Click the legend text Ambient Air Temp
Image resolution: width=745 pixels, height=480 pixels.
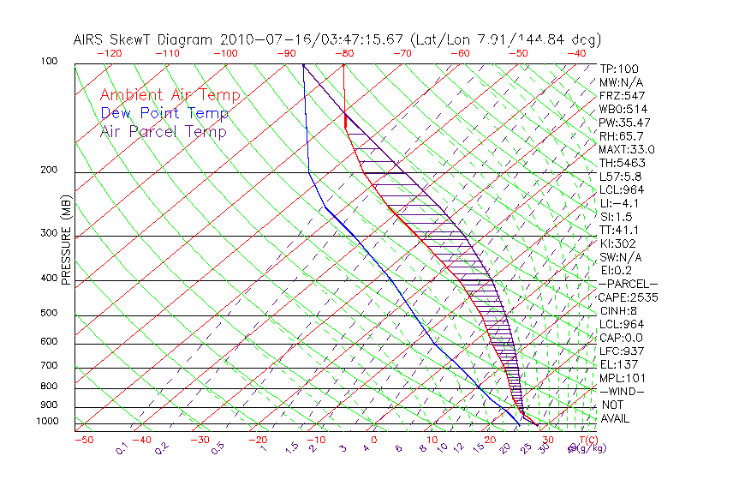[x=170, y=95]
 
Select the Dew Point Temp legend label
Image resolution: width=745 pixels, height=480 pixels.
[x=164, y=113]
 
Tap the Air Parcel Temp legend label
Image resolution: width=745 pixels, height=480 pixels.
[x=163, y=131]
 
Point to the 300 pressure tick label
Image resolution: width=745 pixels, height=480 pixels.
[x=50, y=233]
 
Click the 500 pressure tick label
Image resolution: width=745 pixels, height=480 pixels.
[x=50, y=314]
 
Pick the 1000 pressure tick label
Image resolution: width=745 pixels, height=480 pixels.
[x=47, y=422]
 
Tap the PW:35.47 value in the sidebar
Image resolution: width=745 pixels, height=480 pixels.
[x=625, y=123]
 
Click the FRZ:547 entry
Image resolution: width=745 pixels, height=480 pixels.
[x=623, y=95]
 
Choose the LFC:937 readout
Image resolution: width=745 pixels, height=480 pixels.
[x=622, y=351]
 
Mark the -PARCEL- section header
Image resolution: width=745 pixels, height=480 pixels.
[x=628, y=284]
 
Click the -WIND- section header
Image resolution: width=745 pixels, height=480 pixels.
[x=622, y=391]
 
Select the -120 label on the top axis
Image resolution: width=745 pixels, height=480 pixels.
[x=109, y=53]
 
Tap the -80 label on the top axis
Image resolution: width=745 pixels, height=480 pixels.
[x=343, y=53]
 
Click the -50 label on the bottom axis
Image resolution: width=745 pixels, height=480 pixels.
[x=83, y=440]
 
